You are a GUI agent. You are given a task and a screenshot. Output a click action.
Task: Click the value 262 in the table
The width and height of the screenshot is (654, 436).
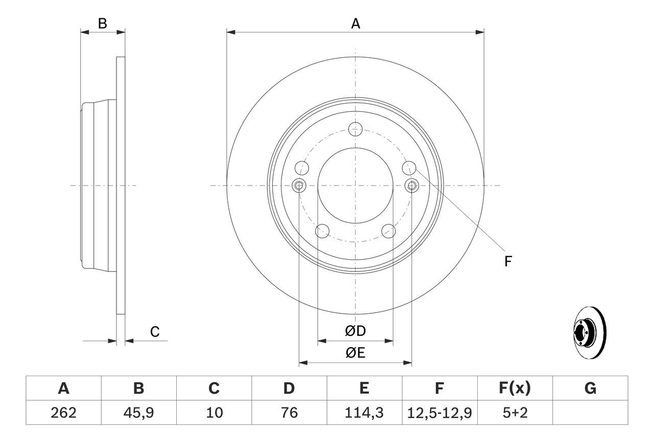[63, 412]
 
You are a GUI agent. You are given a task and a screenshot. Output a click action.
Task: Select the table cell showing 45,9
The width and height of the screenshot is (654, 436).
[138, 412]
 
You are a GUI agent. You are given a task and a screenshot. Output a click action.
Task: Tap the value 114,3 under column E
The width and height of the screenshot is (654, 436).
[364, 412]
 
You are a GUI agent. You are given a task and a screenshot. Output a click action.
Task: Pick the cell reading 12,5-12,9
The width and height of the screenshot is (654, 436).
[439, 412]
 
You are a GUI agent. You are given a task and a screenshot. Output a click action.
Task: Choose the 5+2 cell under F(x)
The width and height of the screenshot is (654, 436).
[515, 412]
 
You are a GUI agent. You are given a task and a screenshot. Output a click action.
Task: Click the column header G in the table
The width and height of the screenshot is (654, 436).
[590, 388]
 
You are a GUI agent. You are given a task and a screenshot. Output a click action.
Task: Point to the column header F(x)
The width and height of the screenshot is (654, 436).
[515, 388]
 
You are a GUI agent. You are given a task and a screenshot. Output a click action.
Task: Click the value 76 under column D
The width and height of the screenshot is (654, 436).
[289, 412]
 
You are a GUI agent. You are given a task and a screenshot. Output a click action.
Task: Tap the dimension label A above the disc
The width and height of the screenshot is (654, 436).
[356, 23]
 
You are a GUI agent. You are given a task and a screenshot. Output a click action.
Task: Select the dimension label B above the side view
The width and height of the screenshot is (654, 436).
[102, 23]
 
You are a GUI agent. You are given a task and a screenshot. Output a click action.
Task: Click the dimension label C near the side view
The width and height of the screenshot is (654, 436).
[155, 332]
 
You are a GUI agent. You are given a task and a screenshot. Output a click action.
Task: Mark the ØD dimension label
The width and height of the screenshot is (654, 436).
[356, 331]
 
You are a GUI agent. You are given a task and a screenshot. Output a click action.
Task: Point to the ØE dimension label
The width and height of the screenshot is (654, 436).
[356, 353]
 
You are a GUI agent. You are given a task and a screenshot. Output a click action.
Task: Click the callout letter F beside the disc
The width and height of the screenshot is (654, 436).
[508, 262]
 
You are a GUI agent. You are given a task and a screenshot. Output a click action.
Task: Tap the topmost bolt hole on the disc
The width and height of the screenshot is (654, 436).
[355, 129]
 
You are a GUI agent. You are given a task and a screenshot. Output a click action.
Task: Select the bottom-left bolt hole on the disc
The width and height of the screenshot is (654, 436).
[322, 231]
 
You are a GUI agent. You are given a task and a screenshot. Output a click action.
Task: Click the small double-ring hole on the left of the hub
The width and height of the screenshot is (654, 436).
[299, 186]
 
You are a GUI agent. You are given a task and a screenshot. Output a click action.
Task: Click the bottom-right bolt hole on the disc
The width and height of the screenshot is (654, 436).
[389, 231]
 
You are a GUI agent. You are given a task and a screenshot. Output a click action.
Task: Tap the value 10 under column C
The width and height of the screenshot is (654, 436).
[214, 412]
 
